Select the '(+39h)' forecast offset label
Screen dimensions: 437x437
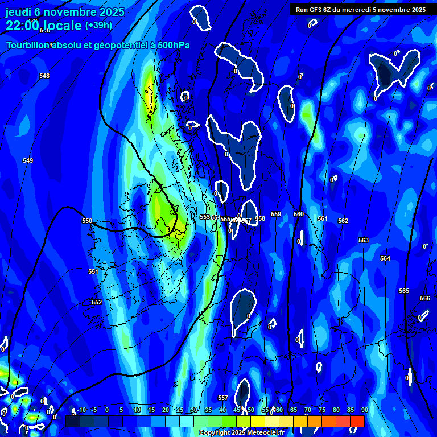(x=98, y=26)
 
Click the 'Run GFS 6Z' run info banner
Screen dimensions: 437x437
(x=360, y=10)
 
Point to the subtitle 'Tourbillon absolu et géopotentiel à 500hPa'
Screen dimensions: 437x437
(x=98, y=45)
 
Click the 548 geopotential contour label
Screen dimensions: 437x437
(x=44, y=76)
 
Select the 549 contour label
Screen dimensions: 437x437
(x=28, y=160)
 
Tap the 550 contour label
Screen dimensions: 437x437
(x=87, y=221)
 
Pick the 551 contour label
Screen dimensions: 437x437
(x=93, y=271)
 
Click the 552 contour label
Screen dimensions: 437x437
(x=97, y=302)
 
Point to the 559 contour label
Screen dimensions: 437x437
(x=276, y=214)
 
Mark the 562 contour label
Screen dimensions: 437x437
(x=343, y=221)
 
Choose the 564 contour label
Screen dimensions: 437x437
(x=385, y=258)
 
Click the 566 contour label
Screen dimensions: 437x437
(x=425, y=298)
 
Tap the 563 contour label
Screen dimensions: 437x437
(x=364, y=240)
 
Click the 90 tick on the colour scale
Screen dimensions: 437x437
(x=364, y=410)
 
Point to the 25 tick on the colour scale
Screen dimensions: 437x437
(x=180, y=410)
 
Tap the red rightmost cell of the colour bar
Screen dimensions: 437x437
(x=357, y=421)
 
